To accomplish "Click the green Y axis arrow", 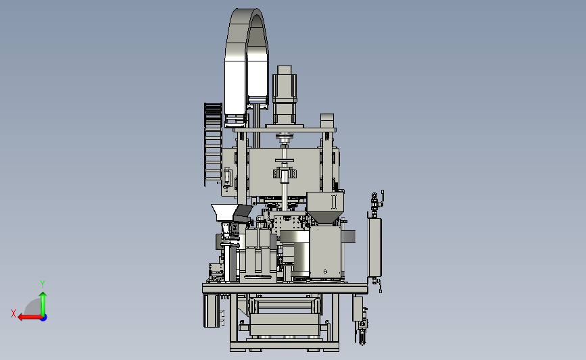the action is click(x=43, y=304).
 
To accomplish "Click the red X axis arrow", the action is click(x=30, y=317).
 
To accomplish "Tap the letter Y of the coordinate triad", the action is click(x=43, y=284).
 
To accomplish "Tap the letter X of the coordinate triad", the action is click(x=14, y=313).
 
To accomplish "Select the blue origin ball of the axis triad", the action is click(x=44, y=318).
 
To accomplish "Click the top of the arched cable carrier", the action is click(x=247, y=12).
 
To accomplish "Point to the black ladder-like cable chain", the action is click(x=213, y=144).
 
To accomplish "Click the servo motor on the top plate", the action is click(x=285, y=95).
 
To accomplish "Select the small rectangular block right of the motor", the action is click(x=327, y=121).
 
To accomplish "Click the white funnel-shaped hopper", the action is click(x=224, y=212).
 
